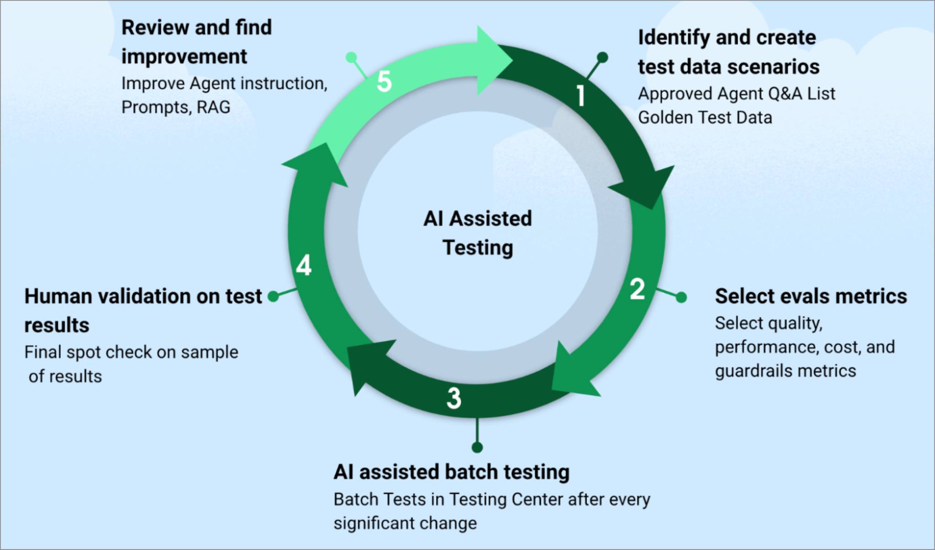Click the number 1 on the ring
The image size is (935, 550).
(x=581, y=96)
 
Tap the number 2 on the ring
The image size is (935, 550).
(x=637, y=289)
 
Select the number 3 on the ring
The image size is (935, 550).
(x=454, y=398)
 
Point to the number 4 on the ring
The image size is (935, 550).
(x=304, y=265)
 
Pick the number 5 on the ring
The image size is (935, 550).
(x=384, y=82)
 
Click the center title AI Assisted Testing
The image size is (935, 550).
(x=478, y=233)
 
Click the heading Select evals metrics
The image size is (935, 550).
(x=811, y=296)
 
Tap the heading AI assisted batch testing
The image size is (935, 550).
(x=452, y=472)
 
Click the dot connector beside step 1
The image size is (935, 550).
(x=603, y=57)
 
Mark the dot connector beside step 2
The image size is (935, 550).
(x=681, y=297)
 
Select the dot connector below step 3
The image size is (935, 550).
(x=477, y=447)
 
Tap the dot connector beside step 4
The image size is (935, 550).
(x=273, y=296)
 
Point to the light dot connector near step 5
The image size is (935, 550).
(x=351, y=57)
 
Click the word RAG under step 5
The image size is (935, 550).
(x=213, y=107)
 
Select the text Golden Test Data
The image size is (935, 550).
(x=705, y=118)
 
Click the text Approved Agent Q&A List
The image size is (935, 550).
(x=736, y=93)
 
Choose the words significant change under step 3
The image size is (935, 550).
(x=405, y=523)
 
